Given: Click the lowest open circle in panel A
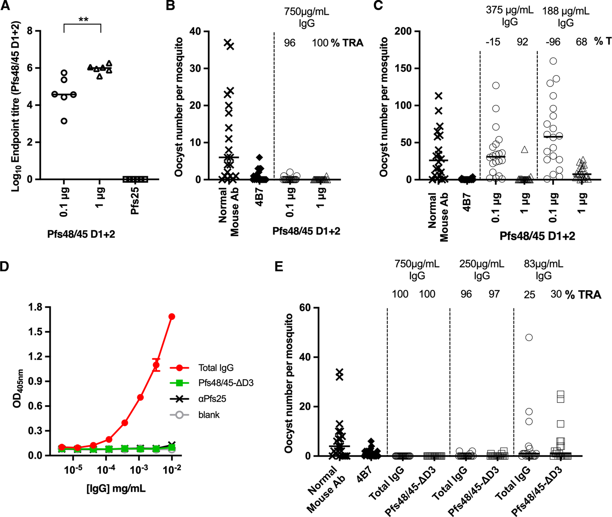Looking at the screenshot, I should pyautogui.click(x=64, y=121).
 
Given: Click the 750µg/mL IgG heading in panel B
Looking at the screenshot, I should pyautogui.click(x=306, y=17).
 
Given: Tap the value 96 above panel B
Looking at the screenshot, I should pyautogui.click(x=289, y=43).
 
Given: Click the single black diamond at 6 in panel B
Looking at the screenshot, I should pyautogui.click(x=259, y=158).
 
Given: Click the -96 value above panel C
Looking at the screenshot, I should pyautogui.click(x=553, y=42).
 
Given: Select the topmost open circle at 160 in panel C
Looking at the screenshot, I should pyautogui.click(x=553, y=61).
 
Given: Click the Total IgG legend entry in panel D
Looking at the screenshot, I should pyautogui.click(x=215, y=368).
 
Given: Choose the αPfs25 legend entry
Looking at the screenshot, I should pyautogui.click(x=212, y=399).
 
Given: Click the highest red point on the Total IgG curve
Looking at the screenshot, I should pyautogui.click(x=172, y=317).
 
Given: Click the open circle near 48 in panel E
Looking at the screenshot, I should pyautogui.click(x=529, y=337).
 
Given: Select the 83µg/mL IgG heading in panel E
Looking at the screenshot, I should pyautogui.click(x=543, y=270).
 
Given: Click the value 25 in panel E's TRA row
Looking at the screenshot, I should pyautogui.click(x=529, y=295).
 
